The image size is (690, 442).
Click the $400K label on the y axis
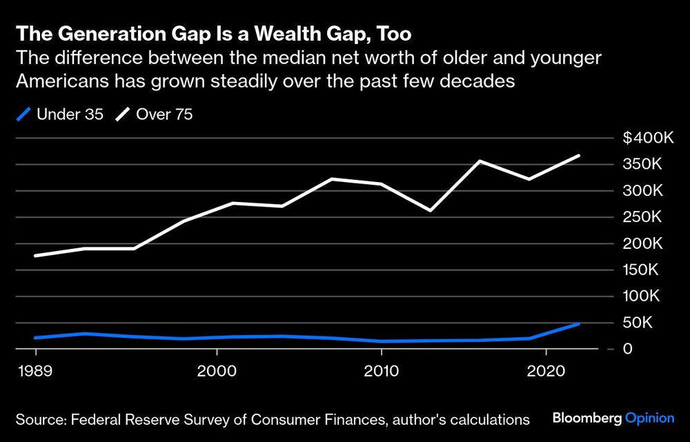click(x=648, y=138)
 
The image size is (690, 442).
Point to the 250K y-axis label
click(x=652, y=217)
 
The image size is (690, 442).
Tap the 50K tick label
click(x=655, y=323)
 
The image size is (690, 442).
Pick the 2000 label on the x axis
click(x=217, y=370)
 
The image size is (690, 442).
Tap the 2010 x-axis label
click(x=382, y=370)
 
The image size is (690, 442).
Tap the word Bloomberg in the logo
click(x=587, y=418)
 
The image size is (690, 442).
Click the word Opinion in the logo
click(x=649, y=418)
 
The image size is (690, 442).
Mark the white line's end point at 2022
click(x=579, y=156)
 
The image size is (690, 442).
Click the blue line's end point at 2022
click(x=579, y=323)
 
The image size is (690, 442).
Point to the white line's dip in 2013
click(x=431, y=210)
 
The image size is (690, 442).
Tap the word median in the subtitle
click(x=273, y=57)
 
